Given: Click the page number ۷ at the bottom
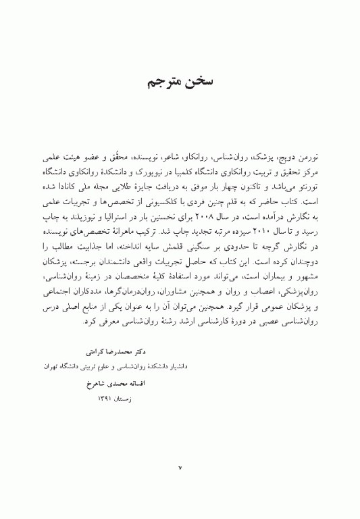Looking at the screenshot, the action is [x=180, y=467].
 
